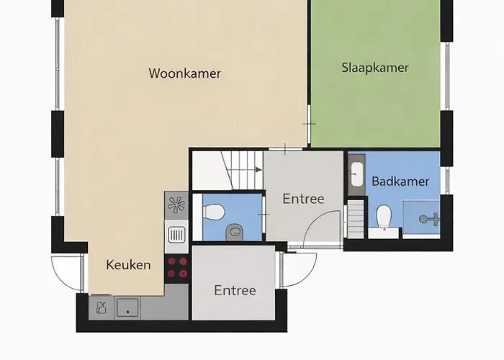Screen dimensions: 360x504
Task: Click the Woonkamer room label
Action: pyautogui.click(x=184, y=73)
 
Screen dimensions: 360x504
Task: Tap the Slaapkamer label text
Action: pyautogui.click(x=374, y=68)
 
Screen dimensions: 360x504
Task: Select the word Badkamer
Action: pyautogui.click(x=400, y=181)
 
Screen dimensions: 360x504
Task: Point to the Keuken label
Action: pyautogui.click(x=128, y=265)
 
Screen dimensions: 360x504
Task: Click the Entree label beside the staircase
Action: pyautogui.click(x=302, y=199)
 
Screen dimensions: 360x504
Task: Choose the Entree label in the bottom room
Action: pyautogui.click(x=235, y=291)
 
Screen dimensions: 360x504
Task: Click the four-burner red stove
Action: pyautogui.click(x=177, y=267)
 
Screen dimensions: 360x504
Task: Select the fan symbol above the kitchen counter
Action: pyautogui.click(x=176, y=206)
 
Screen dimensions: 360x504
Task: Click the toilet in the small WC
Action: pyautogui.click(x=212, y=212)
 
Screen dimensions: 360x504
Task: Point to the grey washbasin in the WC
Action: pyautogui.click(x=234, y=232)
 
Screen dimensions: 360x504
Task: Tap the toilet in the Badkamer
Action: pyautogui.click(x=384, y=215)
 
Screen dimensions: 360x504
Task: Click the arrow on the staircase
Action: pyautogui.click(x=256, y=170)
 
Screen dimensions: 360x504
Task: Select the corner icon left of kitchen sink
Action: pyautogui.click(x=101, y=308)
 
